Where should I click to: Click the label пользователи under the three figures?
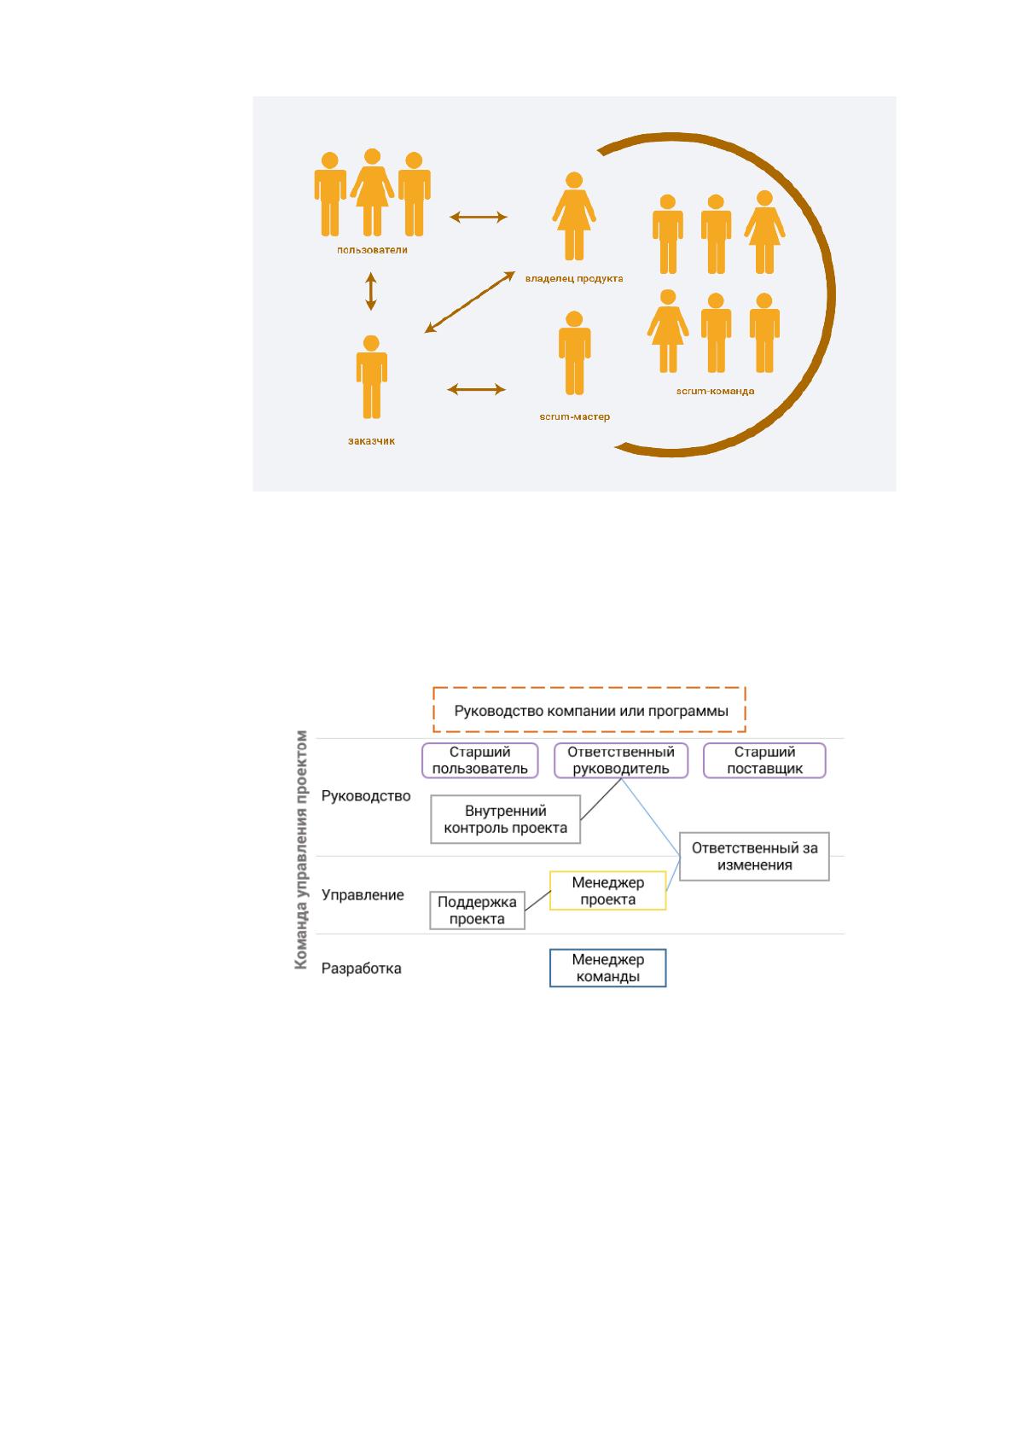372,250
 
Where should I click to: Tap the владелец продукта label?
574,278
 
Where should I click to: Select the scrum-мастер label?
575,417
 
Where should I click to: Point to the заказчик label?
371,441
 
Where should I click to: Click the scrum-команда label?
715,392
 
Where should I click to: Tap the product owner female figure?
574,216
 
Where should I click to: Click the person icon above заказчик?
371,376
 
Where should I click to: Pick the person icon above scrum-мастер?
575,352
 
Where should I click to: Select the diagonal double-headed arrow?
470,301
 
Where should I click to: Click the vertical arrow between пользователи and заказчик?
371,291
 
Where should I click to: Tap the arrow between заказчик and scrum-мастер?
477,389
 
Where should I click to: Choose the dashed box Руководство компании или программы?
589,709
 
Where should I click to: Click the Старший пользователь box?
479,760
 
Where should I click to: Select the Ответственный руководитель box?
621,760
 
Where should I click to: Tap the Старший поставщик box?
764,760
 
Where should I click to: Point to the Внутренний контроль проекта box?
505,819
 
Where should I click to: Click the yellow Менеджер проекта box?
608,890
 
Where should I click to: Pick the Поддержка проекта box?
477,910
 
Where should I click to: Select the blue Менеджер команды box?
608,968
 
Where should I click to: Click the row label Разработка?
361,969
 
